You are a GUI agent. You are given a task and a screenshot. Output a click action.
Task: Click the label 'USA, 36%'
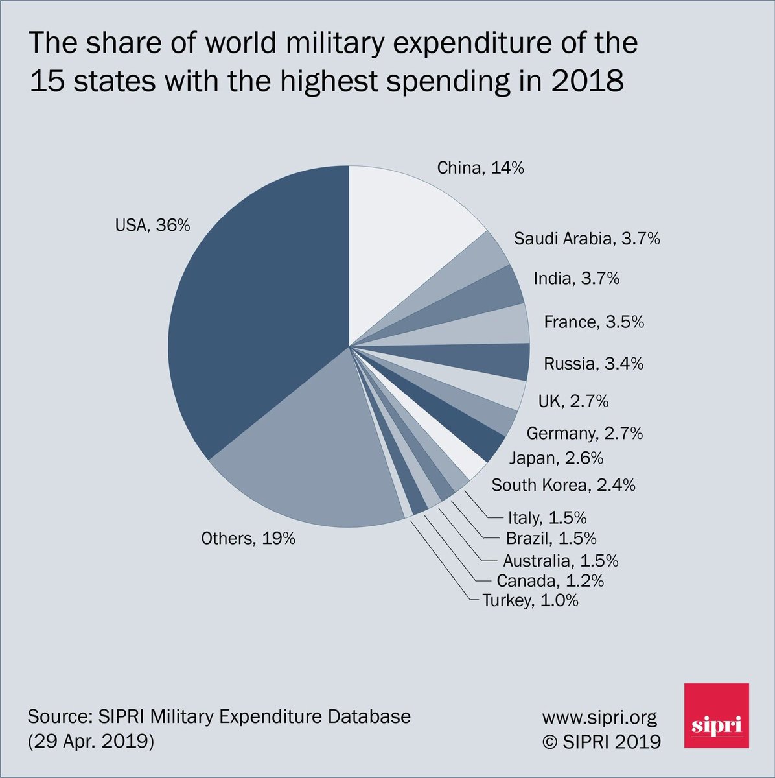152,225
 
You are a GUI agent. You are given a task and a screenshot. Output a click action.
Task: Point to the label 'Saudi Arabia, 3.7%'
586,239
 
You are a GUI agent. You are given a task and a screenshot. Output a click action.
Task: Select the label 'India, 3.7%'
576,278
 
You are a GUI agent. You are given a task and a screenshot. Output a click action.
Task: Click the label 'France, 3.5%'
594,322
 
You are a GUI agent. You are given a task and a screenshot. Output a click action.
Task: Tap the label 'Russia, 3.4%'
593,363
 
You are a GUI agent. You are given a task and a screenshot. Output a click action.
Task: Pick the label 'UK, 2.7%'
573,401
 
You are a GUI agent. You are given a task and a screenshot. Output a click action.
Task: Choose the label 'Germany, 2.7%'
584,432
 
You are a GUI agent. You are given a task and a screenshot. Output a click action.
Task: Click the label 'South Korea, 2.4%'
562,484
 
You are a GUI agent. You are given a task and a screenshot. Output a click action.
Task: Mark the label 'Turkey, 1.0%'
529,600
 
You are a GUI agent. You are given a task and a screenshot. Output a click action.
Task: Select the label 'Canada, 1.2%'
549,580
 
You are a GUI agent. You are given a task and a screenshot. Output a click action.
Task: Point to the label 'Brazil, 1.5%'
551,538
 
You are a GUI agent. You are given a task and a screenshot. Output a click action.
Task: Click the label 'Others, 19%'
248,537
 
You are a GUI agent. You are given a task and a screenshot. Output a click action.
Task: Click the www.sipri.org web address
599,717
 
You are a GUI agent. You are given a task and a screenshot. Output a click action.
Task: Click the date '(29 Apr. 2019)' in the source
91,740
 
